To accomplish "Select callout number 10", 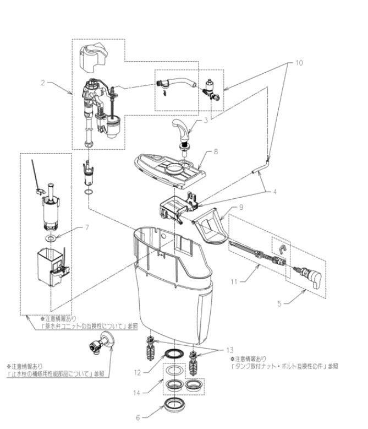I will pyautogui.click(x=299, y=63).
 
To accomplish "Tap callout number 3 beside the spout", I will pyautogui.click(x=205, y=120).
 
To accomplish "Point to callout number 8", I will pyautogui.click(x=216, y=150).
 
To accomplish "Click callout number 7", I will pyautogui.click(x=86, y=227).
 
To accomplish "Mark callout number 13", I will pyautogui.click(x=229, y=351).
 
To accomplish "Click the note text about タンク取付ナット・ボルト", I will pyautogui.click(x=284, y=365).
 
